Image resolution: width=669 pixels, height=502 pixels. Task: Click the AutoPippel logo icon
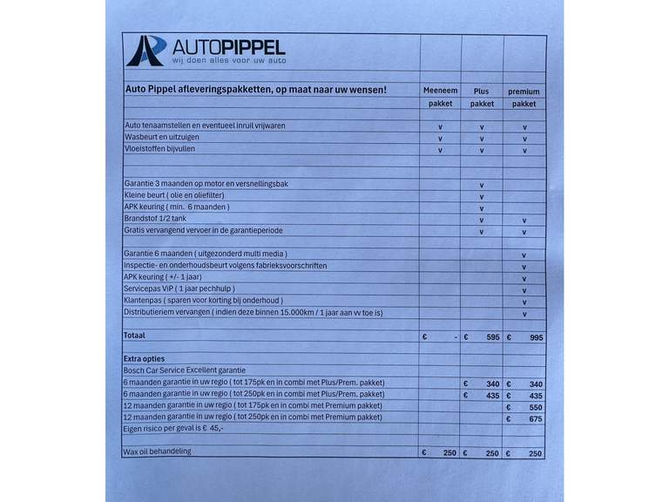pos(146,51)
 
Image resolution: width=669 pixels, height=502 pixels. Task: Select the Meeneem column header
pos(440,91)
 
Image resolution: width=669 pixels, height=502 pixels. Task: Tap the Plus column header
pos(482,91)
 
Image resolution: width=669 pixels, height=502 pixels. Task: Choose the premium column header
pos(524,91)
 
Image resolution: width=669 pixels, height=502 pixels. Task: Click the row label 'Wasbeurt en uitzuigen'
pos(167,138)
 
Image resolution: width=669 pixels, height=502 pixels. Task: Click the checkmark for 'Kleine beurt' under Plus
pos(482,196)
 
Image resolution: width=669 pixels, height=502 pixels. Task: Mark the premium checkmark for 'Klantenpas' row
pos(524,302)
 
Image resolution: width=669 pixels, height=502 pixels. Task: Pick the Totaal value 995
pos(535,336)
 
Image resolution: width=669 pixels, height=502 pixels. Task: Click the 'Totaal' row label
pos(135,335)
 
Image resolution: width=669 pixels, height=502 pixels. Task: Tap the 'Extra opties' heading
pos(144,358)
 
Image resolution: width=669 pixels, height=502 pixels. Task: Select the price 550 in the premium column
pos(535,407)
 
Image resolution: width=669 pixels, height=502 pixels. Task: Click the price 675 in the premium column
pos(535,419)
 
